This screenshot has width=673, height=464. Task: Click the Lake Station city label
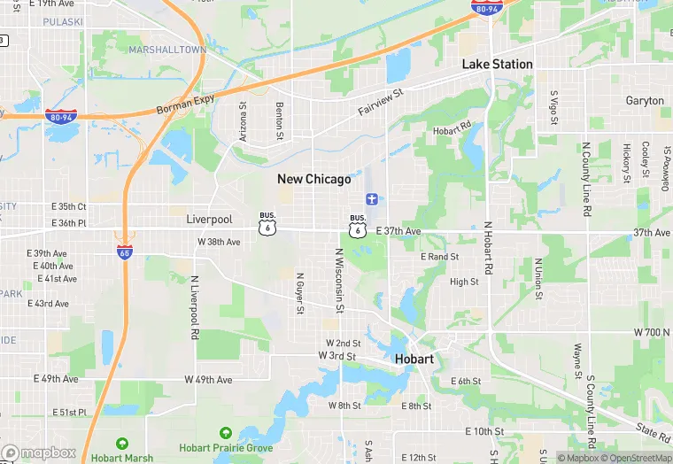click(x=497, y=65)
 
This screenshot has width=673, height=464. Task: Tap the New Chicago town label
click(x=313, y=179)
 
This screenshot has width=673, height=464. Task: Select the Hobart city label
click(x=414, y=360)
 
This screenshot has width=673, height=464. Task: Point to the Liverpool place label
click(x=209, y=219)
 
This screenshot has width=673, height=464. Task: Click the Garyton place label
click(x=644, y=101)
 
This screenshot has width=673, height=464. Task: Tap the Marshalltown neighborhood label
click(x=166, y=50)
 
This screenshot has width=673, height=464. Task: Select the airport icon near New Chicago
click(x=372, y=197)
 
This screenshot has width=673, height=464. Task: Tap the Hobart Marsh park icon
click(x=121, y=444)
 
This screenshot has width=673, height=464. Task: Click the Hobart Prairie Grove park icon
click(x=225, y=433)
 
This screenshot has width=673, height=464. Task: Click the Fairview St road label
click(x=381, y=101)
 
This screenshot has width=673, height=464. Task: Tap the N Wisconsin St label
click(x=338, y=281)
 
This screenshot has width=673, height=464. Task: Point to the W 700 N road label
click(x=653, y=331)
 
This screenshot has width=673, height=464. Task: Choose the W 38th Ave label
click(x=219, y=242)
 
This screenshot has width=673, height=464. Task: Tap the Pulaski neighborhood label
click(x=62, y=20)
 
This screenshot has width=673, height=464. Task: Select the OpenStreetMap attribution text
click(x=638, y=458)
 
